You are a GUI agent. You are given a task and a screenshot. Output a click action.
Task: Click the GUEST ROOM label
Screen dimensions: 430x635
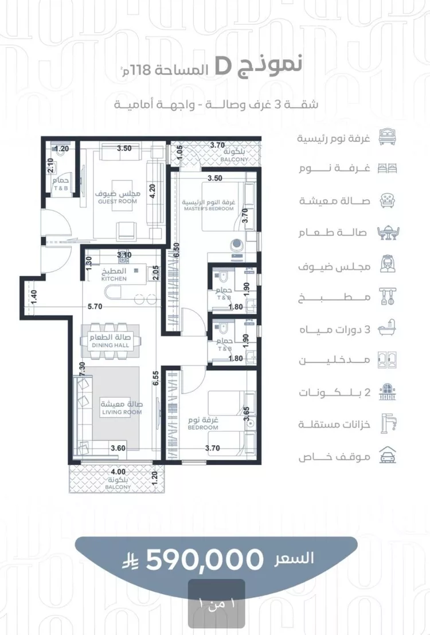click(118, 201)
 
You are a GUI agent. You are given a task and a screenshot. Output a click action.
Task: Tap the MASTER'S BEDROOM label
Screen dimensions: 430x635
click(209, 209)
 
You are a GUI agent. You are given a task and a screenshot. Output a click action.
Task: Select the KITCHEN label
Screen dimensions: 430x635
click(114, 279)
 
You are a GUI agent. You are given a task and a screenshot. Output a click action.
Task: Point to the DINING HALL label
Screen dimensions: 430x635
click(111, 345)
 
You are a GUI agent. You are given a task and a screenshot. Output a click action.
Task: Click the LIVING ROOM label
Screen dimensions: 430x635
click(122, 412)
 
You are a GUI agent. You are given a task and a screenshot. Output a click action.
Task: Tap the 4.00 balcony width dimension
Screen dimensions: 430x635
click(118, 472)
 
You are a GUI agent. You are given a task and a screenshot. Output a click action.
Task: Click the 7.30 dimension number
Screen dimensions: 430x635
click(82, 369)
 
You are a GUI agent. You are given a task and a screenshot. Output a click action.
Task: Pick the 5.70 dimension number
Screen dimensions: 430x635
click(95, 306)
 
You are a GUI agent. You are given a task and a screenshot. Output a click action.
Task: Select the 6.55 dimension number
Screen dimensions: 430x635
click(156, 378)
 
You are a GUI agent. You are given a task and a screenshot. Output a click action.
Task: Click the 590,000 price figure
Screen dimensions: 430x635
click(205, 560)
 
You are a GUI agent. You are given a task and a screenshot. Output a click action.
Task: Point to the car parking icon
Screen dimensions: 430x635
click(388, 455)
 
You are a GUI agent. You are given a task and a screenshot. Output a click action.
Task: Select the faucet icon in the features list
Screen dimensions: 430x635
click(388, 423)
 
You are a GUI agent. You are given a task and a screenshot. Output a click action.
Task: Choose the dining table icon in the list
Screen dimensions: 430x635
click(388, 232)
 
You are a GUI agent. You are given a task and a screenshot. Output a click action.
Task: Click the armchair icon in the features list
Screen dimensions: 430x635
click(388, 200)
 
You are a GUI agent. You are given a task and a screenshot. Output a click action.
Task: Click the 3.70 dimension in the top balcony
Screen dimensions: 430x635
click(217, 145)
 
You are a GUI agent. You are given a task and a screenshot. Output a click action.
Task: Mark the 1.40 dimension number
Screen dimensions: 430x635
click(34, 298)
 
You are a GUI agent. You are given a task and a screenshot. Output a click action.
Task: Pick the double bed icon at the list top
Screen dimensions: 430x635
click(388, 137)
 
